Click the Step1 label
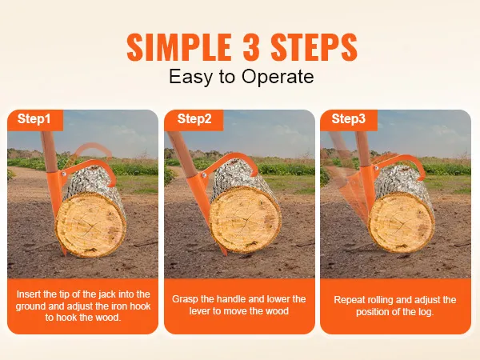[34, 118]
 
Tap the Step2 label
[194, 118]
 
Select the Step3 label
[348, 118]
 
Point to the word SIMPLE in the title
[179, 47]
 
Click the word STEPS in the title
[314, 47]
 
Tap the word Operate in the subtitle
[278, 77]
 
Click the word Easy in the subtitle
[190, 77]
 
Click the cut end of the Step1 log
[91, 225]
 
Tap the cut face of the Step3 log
[401, 222]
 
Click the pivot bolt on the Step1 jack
[64, 174]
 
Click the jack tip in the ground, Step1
[64, 254]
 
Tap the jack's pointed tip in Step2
[225, 254]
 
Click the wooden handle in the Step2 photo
[178, 153]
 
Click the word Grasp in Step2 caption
[184, 299]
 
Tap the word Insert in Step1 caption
[29, 294]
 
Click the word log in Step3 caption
[426, 312]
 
